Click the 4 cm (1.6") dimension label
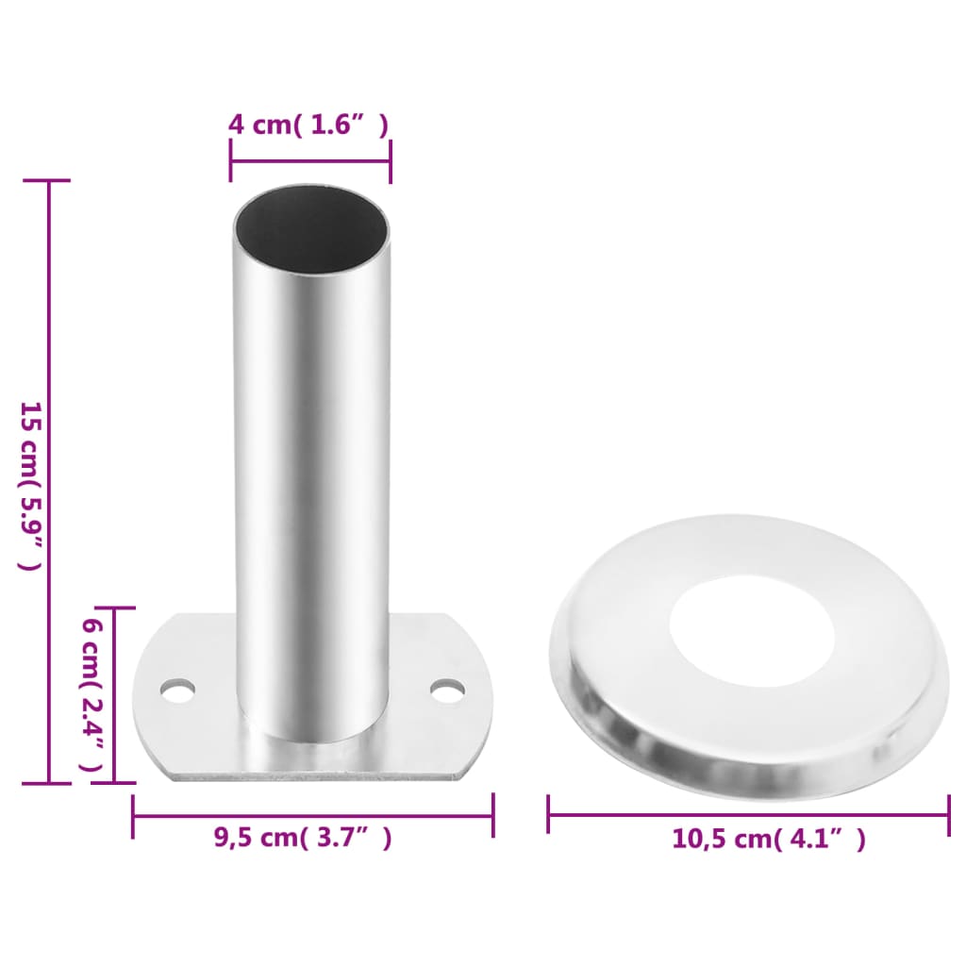(308, 125)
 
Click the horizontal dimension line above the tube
(310, 161)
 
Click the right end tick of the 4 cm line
(390, 161)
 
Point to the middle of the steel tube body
(310, 472)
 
